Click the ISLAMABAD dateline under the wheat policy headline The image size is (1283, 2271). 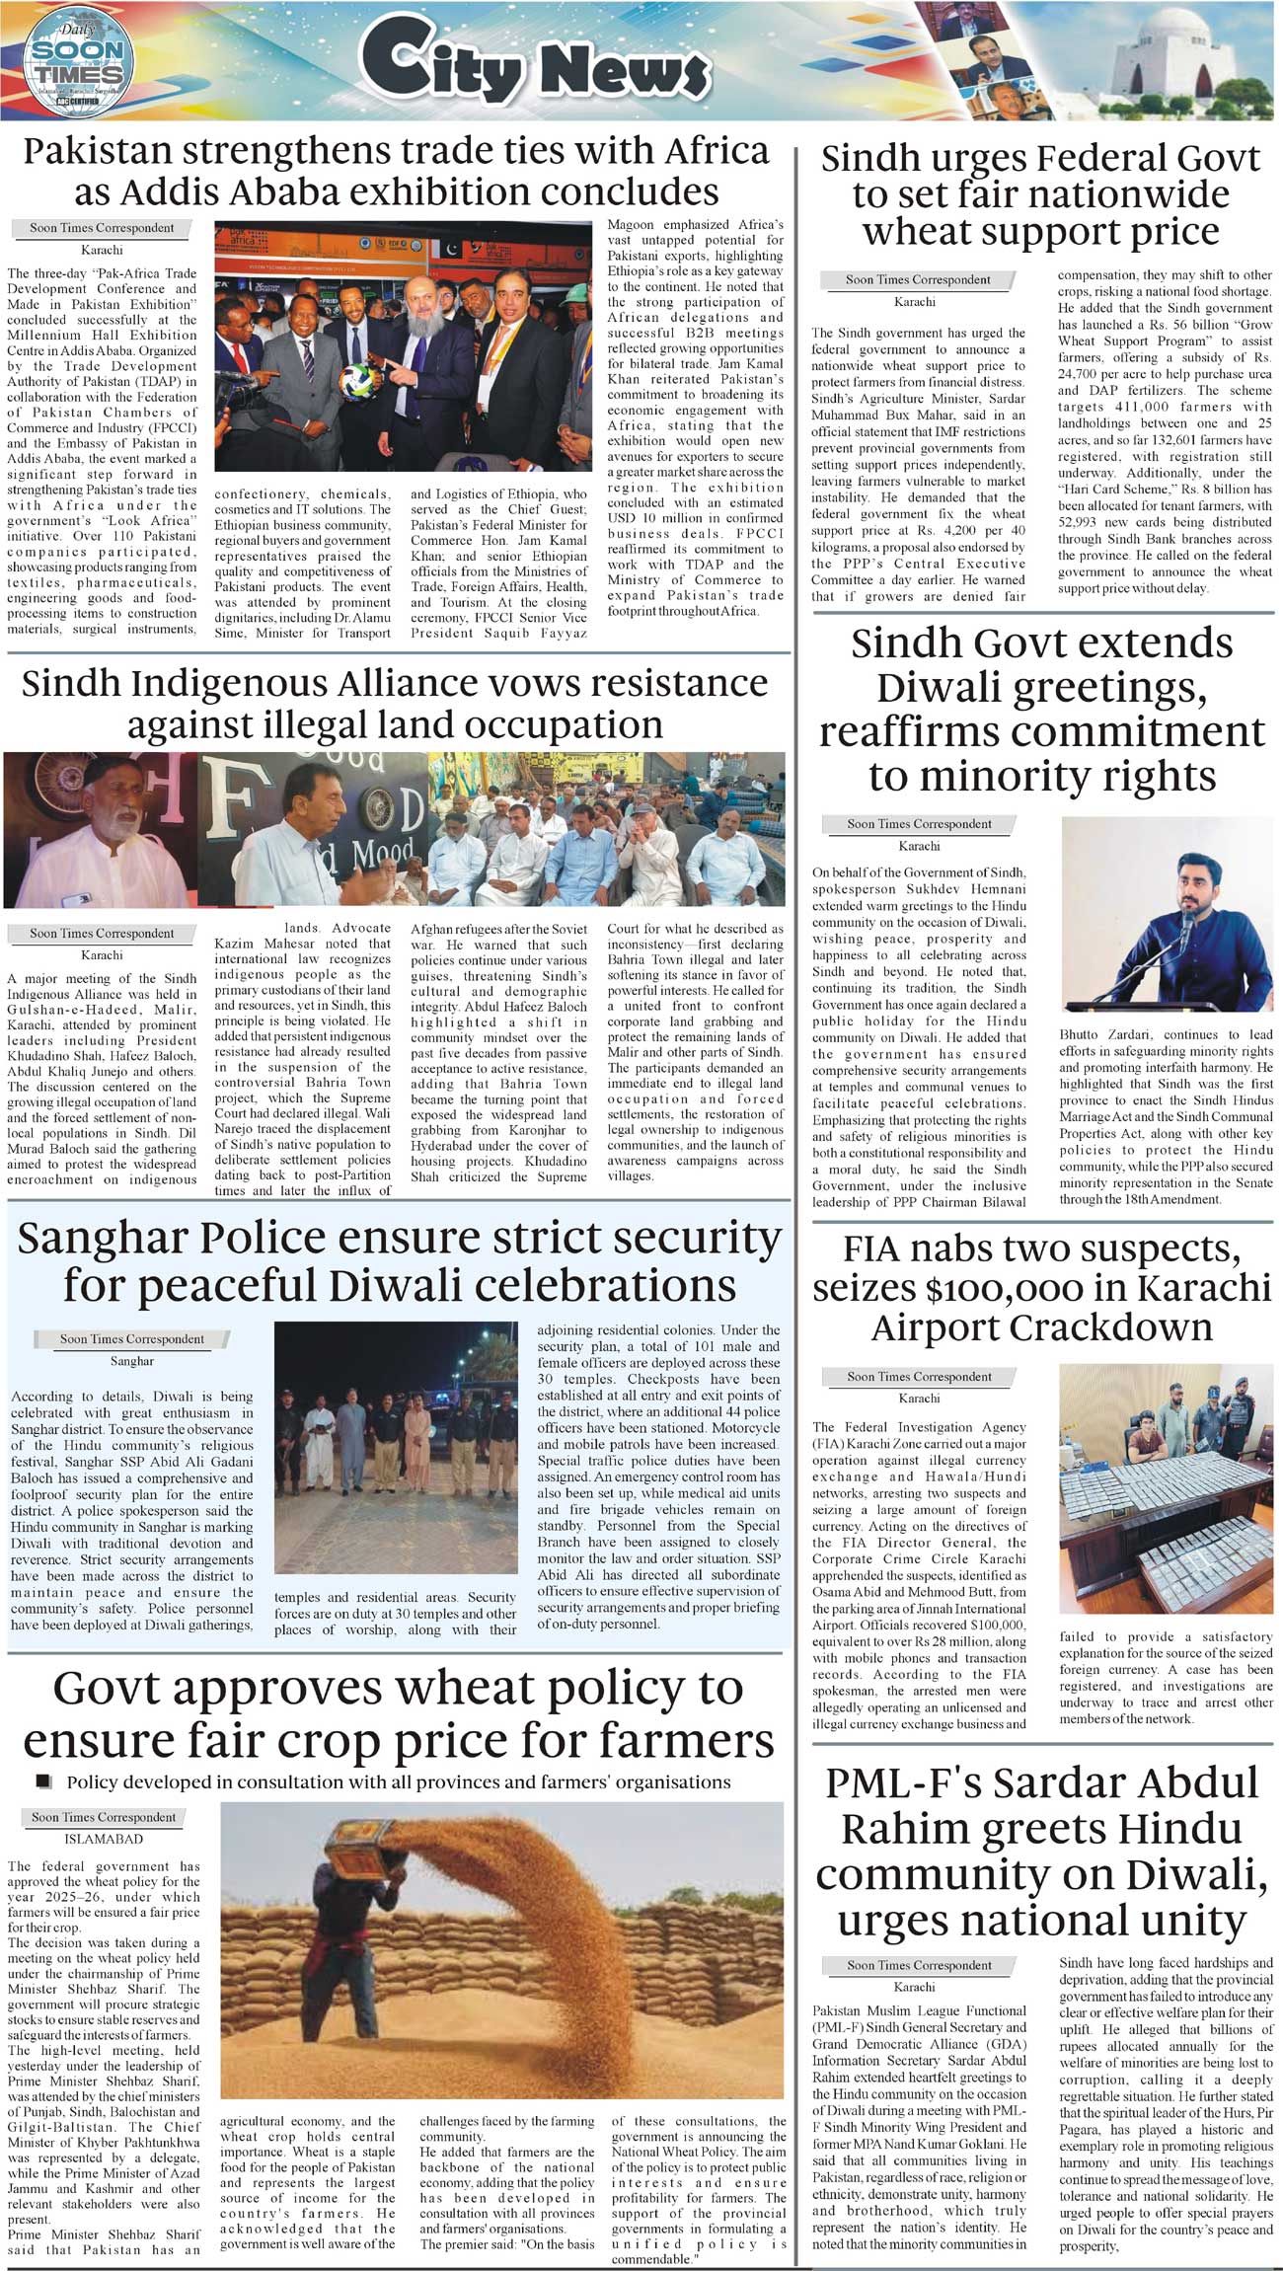tap(104, 1839)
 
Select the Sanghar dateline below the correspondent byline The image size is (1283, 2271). tap(132, 1360)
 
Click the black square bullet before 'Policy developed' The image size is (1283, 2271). tap(42, 1781)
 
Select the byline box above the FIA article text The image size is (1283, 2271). tap(919, 1376)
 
